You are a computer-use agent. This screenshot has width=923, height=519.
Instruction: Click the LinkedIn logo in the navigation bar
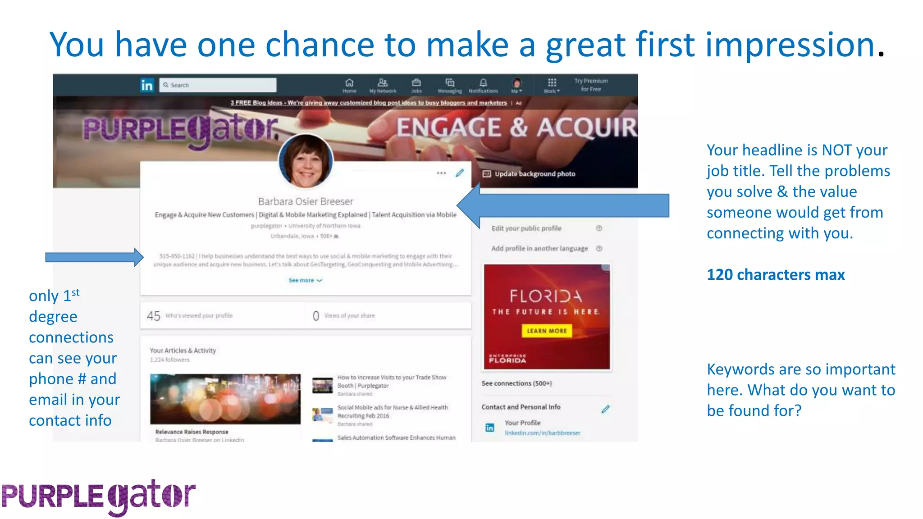click(x=147, y=85)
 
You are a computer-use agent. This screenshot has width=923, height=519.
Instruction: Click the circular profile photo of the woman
click(x=306, y=161)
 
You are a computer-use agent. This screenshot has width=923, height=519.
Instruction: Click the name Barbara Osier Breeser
click(x=306, y=201)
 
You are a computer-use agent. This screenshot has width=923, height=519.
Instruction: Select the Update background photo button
click(x=530, y=174)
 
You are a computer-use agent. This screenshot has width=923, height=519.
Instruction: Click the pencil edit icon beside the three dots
click(x=459, y=173)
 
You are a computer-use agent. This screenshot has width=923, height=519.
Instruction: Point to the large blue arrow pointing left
click(x=563, y=206)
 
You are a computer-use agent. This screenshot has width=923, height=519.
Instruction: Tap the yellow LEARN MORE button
click(x=547, y=331)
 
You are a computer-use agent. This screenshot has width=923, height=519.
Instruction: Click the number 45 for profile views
click(x=153, y=316)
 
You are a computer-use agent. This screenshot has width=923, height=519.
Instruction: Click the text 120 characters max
click(x=775, y=275)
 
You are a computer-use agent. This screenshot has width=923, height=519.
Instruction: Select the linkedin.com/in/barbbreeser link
click(x=542, y=433)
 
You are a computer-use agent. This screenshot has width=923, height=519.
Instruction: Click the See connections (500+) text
click(x=516, y=383)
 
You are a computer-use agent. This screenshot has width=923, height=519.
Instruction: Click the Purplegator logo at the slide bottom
click(x=99, y=496)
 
